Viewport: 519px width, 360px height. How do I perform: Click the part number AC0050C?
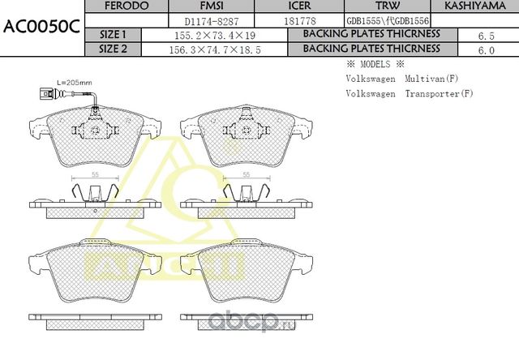click(41, 26)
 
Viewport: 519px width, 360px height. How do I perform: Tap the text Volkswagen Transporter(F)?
click(409, 94)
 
